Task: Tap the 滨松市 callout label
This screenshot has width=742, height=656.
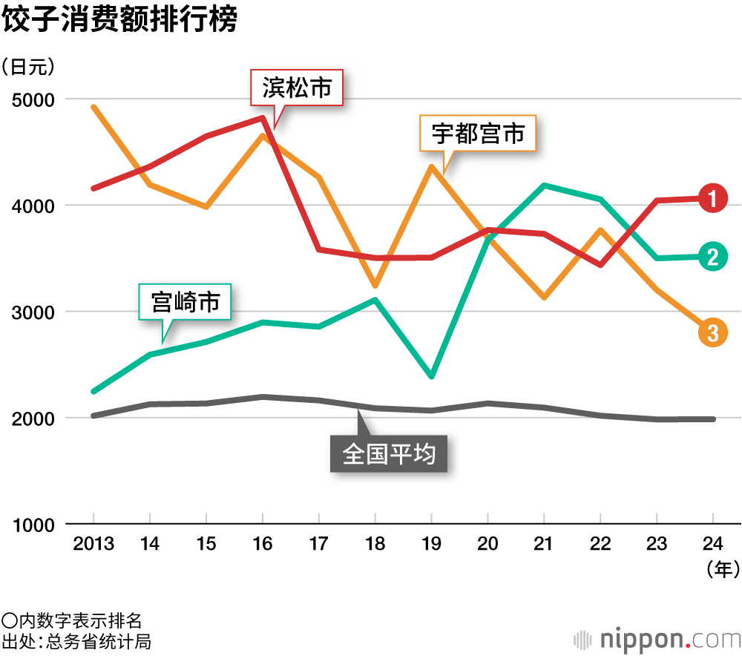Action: pyautogui.click(x=296, y=89)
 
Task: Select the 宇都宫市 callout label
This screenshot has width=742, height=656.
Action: pyautogui.click(x=478, y=134)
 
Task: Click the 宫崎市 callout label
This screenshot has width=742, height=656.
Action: pyautogui.click(x=185, y=302)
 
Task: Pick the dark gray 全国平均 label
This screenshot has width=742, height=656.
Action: pyautogui.click(x=388, y=453)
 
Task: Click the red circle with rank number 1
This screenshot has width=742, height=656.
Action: pyautogui.click(x=712, y=198)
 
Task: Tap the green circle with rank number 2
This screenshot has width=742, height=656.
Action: pyautogui.click(x=712, y=257)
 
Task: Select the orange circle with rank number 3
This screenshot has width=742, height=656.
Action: pyautogui.click(x=712, y=333)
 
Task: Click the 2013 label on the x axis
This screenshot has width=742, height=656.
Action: pyautogui.click(x=93, y=545)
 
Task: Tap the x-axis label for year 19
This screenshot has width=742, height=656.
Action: pyautogui.click(x=431, y=545)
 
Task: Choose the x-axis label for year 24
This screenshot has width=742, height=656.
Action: pyautogui.click(x=713, y=545)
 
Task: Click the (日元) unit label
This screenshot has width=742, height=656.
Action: pyautogui.click(x=29, y=67)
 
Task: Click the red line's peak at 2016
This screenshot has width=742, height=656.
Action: pyautogui.click(x=263, y=117)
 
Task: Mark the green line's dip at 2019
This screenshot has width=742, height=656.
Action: pyautogui.click(x=431, y=377)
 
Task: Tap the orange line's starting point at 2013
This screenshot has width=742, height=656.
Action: pyautogui.click(x=93, y=107)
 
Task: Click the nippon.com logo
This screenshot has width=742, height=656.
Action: pyautogui.click(x=657, y=637)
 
